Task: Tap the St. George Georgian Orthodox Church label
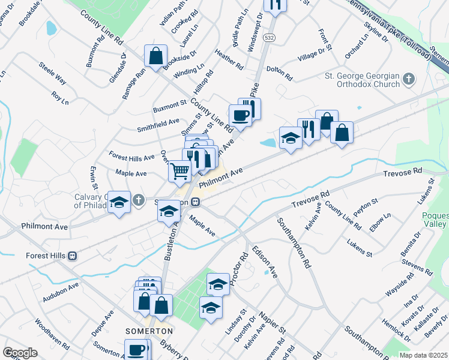[x=362, y=80]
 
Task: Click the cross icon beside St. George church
[x=409, y=79]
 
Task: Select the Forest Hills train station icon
[x=72, y=256]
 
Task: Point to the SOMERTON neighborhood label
[x=149, y=331]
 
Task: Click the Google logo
[x=20, y=353]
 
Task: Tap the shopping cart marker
[x=180, y=172]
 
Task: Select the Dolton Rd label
[x=279, y=74]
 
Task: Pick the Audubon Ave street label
[x=61, y=292]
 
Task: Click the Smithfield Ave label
[x=158, y=124]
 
